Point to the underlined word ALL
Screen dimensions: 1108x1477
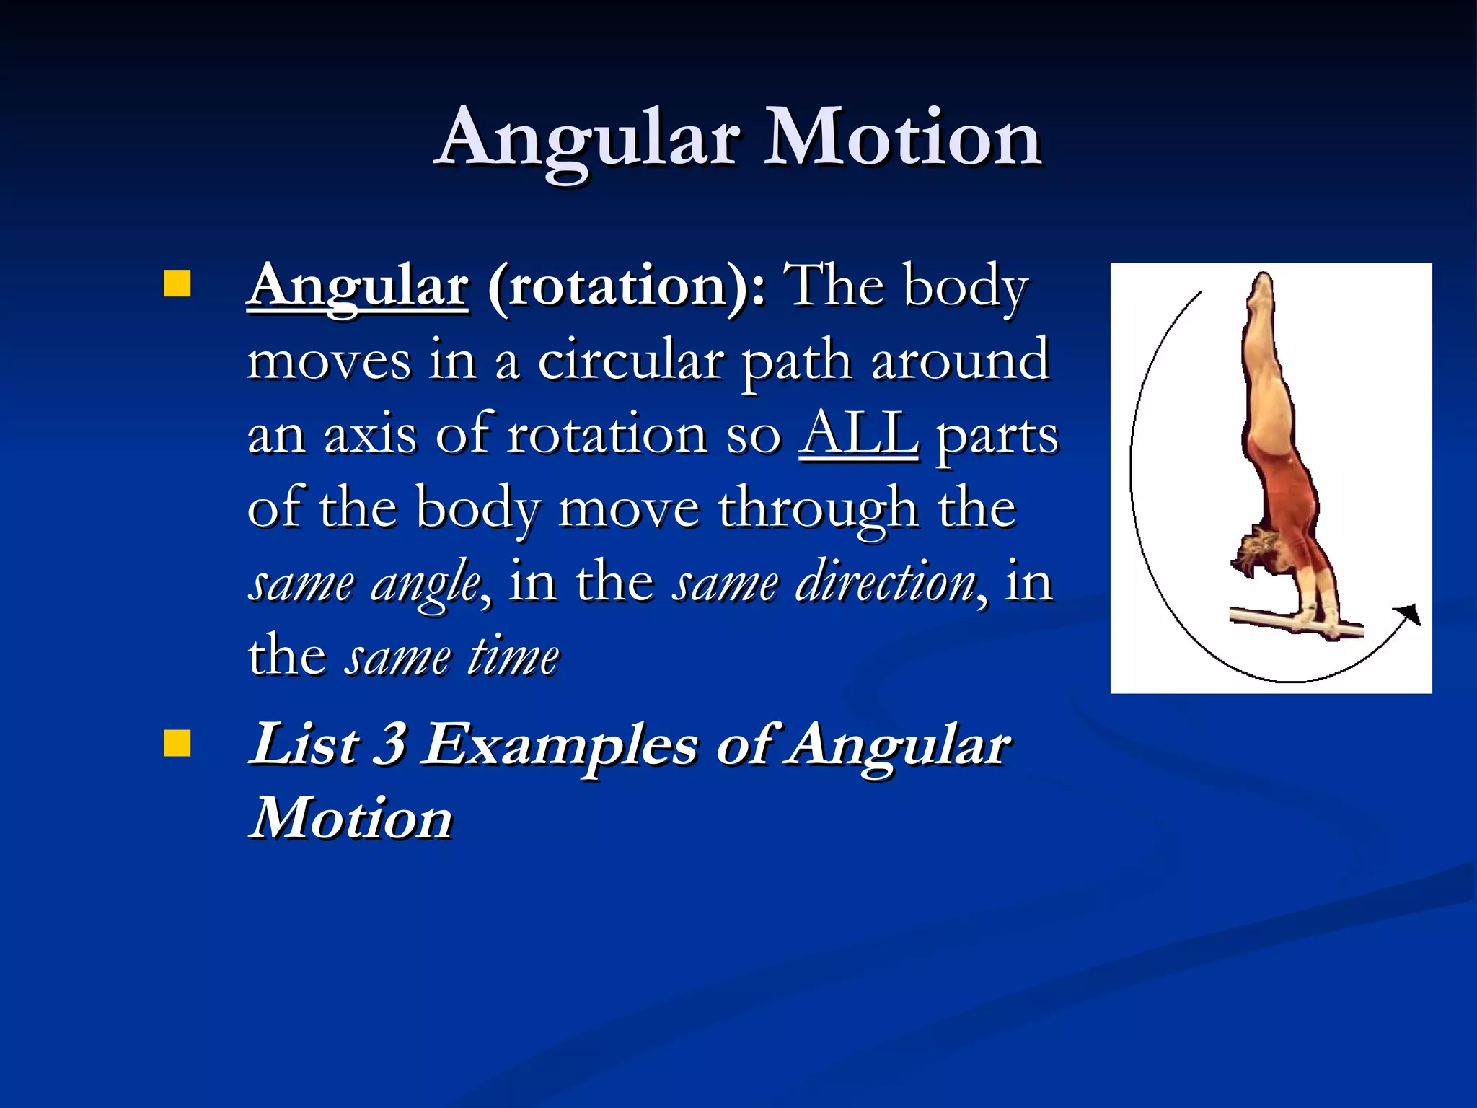click(x=859, y=434)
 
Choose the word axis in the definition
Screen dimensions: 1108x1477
click(x=370, y=435)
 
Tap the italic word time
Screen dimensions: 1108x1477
click(x=513, y=657)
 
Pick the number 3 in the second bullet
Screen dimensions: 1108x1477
click(x=389, y=744)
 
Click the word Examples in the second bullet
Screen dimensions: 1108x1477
click(x=560, y=746)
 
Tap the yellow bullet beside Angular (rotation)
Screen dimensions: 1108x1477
click(x=177, y=283)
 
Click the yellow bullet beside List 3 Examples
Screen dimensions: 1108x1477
click(x=177, y=743)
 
